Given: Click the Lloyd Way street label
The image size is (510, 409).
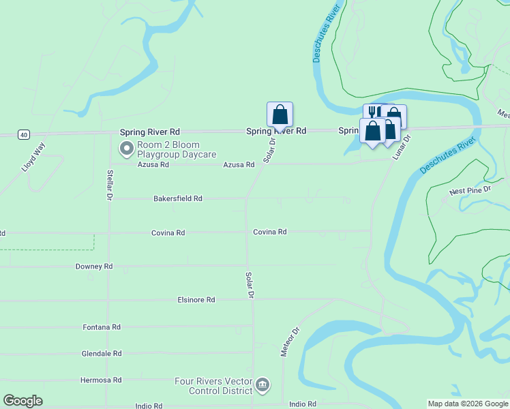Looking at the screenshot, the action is click(x=33, y=157).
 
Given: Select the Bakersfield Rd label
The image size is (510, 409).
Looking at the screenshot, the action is click(x=178, y=198).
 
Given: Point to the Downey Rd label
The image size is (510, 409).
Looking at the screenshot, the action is click(x=94, y=267).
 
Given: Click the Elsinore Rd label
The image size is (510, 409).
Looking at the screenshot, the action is click(x=196, y=299).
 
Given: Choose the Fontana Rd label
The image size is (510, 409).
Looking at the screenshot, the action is click(x=101, y=327).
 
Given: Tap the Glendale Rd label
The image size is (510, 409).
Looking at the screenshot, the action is click(x=101, y=354).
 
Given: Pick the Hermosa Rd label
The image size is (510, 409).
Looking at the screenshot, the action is click(x=101, y=380).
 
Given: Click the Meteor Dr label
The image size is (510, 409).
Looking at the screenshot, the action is click(x=290, y=342).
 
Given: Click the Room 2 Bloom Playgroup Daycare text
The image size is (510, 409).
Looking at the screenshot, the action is click(x=177, y=150).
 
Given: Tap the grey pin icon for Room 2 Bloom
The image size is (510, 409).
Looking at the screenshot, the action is click(x=126, y=148).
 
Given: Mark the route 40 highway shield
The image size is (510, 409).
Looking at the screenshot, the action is click(x=24, y=135).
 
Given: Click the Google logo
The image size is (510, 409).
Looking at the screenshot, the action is click(x=22, y=401).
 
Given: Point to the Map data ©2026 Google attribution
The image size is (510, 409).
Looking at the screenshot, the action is click(x=468, y=404).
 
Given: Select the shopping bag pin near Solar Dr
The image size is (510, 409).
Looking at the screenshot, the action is click(x=280, y=115).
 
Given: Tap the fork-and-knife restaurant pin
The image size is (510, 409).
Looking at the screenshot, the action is click(x=372, y=112).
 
